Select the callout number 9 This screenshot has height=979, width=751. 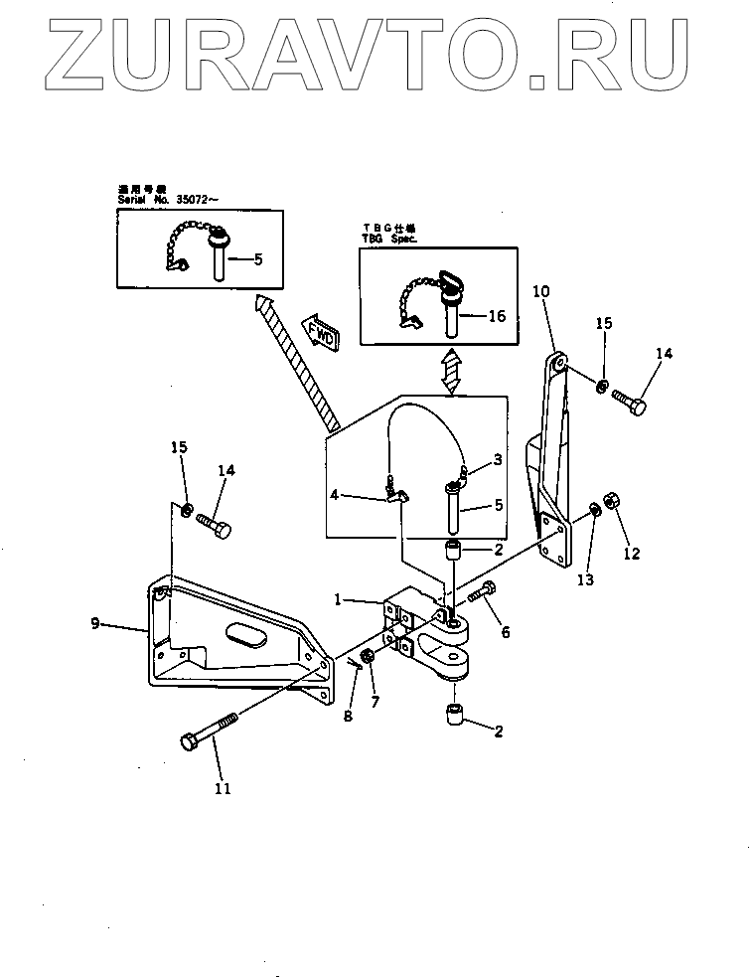tap(94, 625)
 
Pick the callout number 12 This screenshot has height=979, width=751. tap(631, 554)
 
